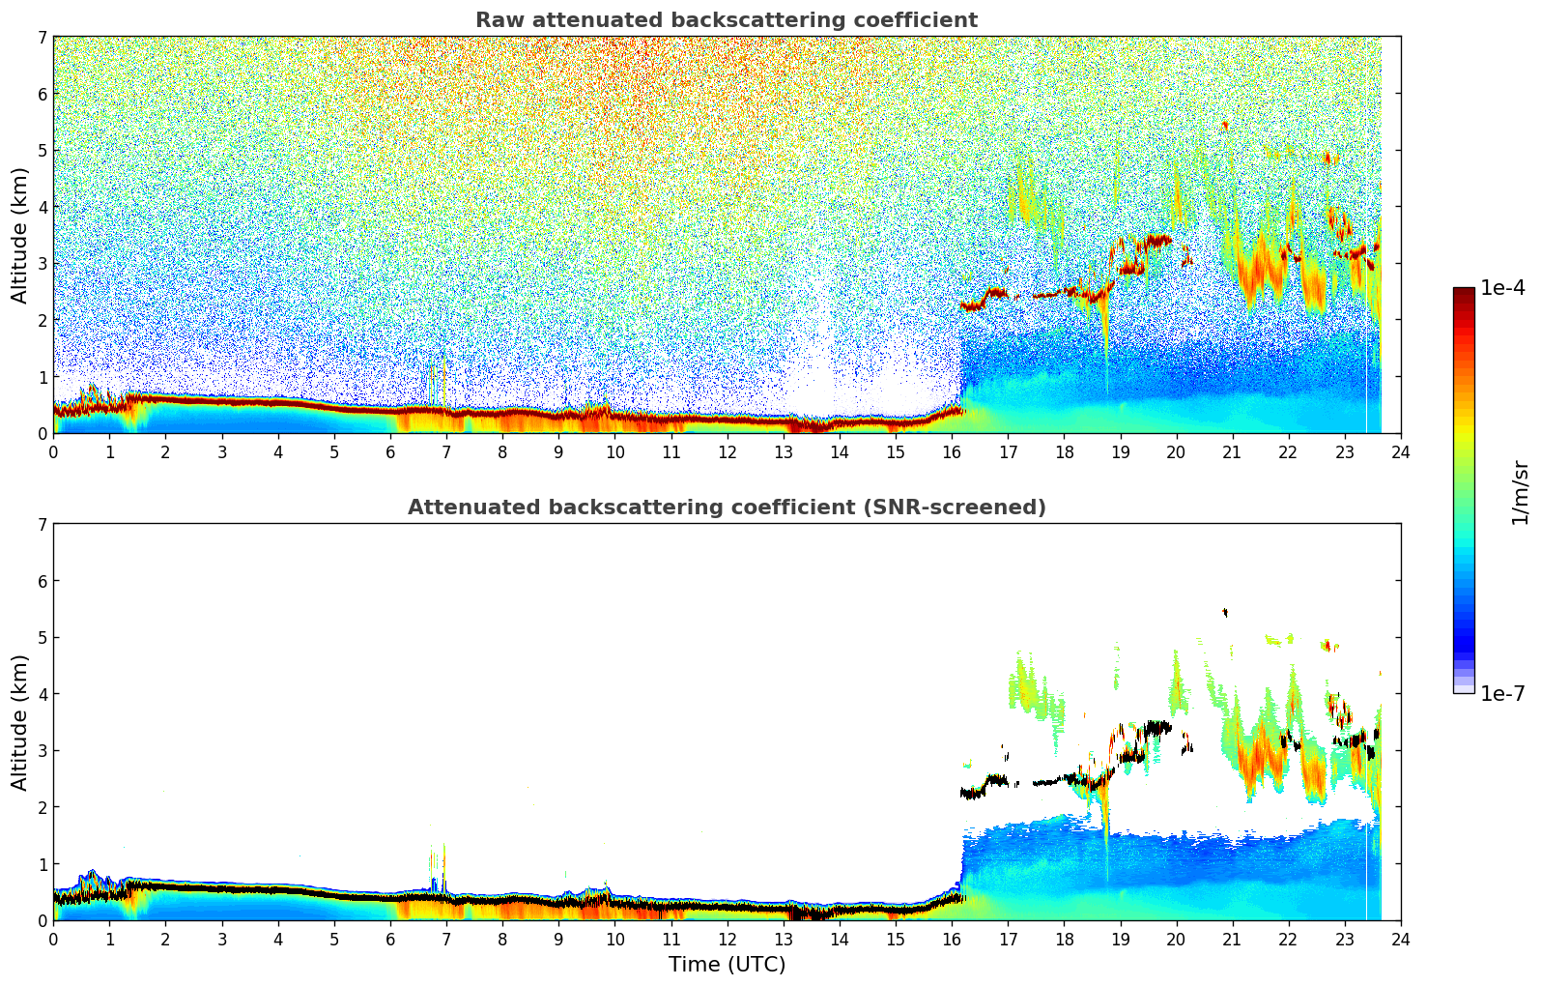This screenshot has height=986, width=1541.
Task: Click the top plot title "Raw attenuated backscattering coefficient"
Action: [x=726, y=20]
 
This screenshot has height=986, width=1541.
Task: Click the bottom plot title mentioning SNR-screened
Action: [x=726, y=507]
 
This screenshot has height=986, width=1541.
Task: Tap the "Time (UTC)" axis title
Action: [x=727, y=965]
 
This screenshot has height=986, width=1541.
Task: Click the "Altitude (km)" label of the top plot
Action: [x=19, y=235]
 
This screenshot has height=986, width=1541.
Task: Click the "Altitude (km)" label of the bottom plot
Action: [x=19, y=722]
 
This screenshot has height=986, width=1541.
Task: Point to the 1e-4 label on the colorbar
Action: [x=1502, y=288]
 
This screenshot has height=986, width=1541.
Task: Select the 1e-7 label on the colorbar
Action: [x=1502, y=693]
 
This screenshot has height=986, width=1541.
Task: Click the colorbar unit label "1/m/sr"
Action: [x=1520, y=492]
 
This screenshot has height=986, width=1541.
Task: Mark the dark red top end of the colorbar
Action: [x=1464, y=293]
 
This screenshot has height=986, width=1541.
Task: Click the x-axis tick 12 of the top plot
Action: [x=727, y=451]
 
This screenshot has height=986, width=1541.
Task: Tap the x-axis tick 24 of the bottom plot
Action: [x=1400, y=939]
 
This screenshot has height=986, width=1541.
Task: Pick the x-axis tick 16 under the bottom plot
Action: [x=952, y=939]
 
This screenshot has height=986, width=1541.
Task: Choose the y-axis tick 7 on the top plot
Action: [x=42, y=38]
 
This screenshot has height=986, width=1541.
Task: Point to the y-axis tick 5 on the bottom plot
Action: [x=42, y=638]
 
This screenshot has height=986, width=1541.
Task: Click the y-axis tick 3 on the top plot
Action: [x=42, y=264]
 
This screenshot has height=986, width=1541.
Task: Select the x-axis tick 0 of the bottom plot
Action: [x=53, y=939]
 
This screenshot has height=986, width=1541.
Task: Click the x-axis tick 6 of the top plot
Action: [x=390, y=451]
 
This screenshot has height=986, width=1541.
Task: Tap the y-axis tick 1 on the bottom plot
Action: [x=42, y=864]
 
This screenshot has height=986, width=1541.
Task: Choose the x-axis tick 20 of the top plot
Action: [x=1176, y=451]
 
